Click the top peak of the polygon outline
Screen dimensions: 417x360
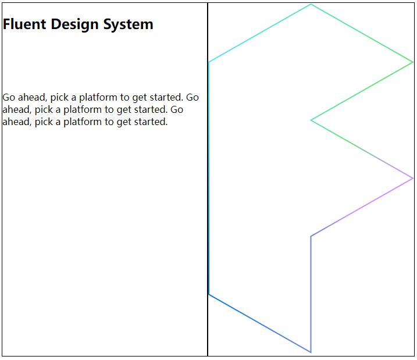pos(311,5)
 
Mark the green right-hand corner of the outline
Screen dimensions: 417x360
pos(412,62)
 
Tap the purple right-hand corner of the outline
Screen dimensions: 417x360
pos(412,178)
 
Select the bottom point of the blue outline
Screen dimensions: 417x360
pos(311,352)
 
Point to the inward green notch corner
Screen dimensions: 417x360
pos(312,120)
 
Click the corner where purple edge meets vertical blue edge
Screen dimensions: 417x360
pos(311,236)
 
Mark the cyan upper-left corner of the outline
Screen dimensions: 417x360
pos(209,62)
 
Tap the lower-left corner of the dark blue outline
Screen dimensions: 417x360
pos(209,294)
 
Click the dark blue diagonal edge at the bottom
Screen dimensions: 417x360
pos(259,323)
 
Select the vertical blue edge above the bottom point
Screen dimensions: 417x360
pos(311,294)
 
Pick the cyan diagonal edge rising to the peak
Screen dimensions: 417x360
pos(259,33)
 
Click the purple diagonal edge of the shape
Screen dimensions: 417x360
pos(362,207)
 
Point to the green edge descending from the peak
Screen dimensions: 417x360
pos(362,33)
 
